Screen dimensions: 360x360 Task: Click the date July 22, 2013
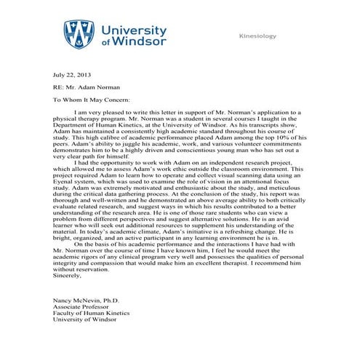click(71, 75)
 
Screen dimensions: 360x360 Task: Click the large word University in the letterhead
click(135, 30)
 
